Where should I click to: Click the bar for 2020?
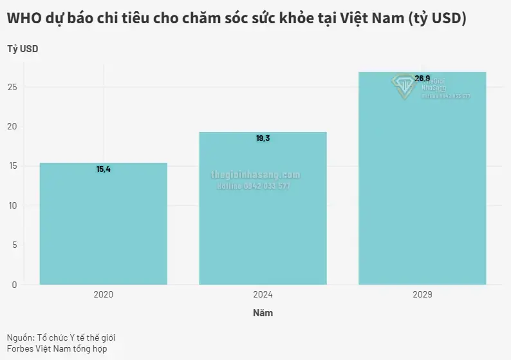(x=103, y=225)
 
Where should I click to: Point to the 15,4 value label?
(x=104, y=169)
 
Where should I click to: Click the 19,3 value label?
(x=263, y=138)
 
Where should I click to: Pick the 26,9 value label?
(x=422, y=79)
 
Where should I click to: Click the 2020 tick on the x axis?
(x=103, y=294)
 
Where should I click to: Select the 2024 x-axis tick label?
(x=263, y=294)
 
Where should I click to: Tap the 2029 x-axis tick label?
(x=422, y=294)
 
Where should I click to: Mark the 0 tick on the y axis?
(x=15, y=284)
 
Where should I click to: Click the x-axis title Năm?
(x=263, y=314)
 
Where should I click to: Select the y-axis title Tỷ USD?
(x=23, y=49)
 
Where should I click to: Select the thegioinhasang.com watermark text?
(x=256, y=175)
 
